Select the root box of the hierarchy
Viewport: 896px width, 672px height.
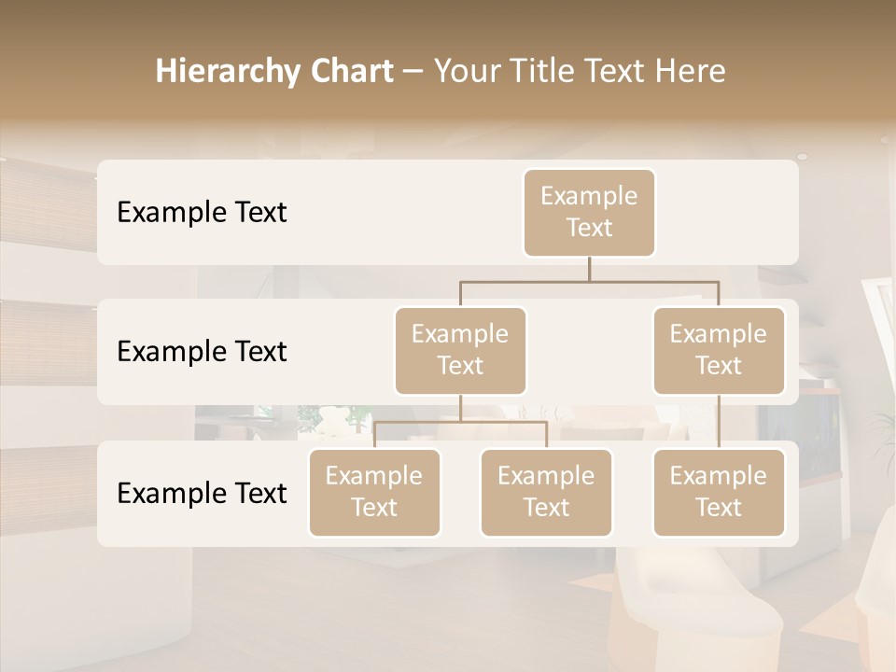coord(589,212)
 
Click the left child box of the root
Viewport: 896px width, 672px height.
coord(460,350)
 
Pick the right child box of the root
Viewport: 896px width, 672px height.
coord(719,350)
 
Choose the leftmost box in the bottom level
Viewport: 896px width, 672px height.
coord(374,492)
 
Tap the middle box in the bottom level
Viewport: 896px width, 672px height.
coord(546,492)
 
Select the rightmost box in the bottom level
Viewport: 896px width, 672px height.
coord(719,492)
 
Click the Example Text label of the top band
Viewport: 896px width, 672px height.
coord(202,212)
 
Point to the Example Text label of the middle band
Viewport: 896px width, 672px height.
coord(202,351)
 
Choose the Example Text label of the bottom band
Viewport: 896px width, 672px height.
coord(202,493)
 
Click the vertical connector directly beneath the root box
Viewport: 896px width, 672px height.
coord(589,269)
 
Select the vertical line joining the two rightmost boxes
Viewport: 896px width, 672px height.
coord(719,422)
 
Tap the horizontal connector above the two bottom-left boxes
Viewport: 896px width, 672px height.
coord(460,422)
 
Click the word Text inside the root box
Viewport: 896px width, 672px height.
coord(589,228)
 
